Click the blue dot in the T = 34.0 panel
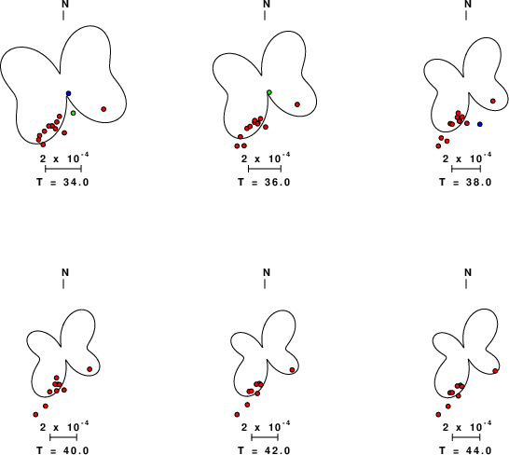click(68, 93)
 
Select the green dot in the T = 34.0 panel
click(74, 113)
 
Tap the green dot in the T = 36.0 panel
click(269, 92)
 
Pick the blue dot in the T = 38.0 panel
click(480, 124)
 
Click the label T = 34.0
click(62, 182)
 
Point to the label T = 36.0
click(264, 182)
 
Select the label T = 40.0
click(62, 450)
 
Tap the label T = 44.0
click(465, 450)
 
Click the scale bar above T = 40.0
click(63, 437)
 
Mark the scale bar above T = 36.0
click(265, 169)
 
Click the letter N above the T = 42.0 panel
click(267, 272)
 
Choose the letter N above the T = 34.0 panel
click(65, 4)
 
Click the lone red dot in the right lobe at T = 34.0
click(103, 109)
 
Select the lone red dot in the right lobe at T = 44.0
click(495, 371)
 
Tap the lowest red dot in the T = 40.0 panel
click(35, 414)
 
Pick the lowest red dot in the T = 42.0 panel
click(237, 414)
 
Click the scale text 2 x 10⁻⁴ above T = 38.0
click(467, 159)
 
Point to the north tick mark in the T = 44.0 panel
click(466, 284)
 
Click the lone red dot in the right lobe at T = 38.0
click(493, 101)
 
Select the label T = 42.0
click(264, 450)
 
